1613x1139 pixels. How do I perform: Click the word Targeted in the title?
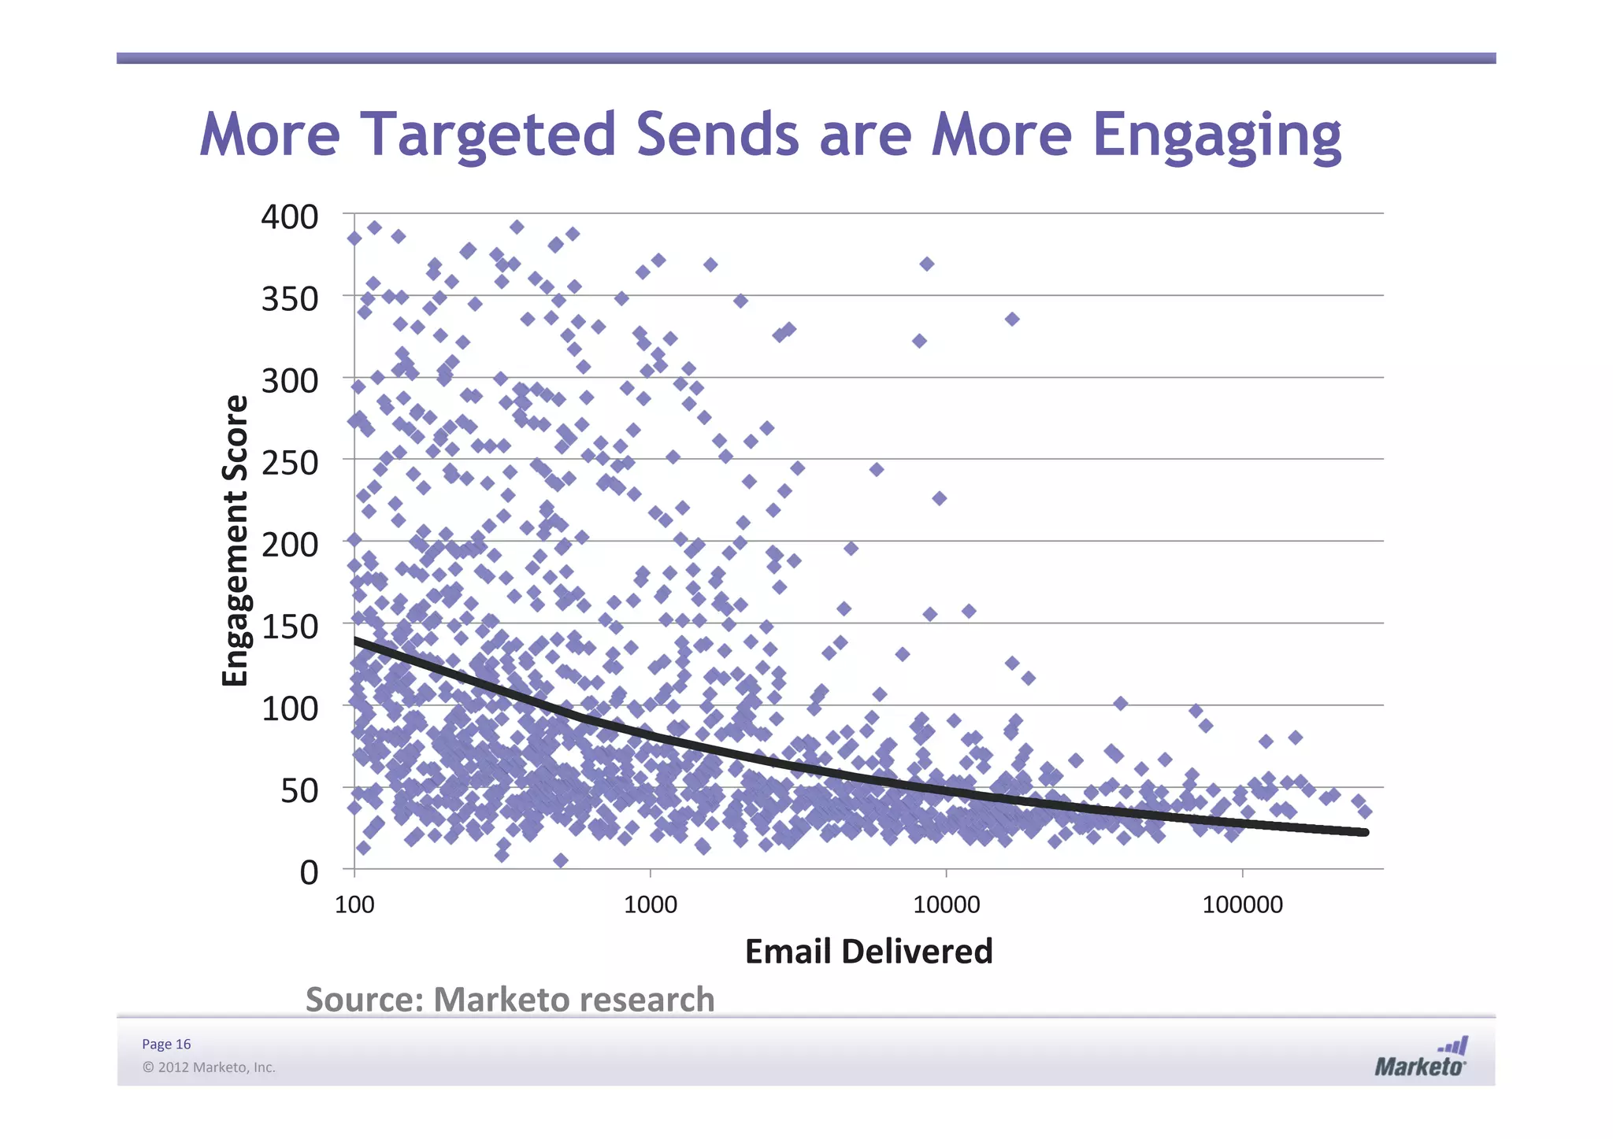(488, 135)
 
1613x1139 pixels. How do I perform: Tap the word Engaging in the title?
(1216, 135)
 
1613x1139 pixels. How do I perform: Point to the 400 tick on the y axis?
(289, 217)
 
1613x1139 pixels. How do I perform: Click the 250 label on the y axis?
(289, 463)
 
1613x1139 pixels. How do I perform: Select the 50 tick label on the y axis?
(299, 790)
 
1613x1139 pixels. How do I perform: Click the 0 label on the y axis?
(309, 872)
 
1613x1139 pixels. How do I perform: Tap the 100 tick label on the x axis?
(354, 904)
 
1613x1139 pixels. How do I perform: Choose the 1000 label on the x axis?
(650, 904)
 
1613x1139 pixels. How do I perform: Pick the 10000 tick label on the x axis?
(946, 904)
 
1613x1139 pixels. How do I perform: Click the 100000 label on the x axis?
(1242, 904)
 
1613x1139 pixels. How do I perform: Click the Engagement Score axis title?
(235, 541)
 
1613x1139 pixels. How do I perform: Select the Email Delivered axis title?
(868, 951)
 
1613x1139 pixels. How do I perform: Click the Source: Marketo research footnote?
(510, 999)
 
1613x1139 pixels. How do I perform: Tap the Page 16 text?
(166, 1044)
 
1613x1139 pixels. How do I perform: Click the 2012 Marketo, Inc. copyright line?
(209, 1067)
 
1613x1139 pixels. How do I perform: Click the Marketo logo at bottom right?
(1421, 1058)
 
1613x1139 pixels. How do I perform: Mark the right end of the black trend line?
(1365, 832)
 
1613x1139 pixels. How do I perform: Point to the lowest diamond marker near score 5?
(560, 860)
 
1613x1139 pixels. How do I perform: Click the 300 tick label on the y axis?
(289, 381)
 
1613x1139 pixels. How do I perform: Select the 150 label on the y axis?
(289, 627)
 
